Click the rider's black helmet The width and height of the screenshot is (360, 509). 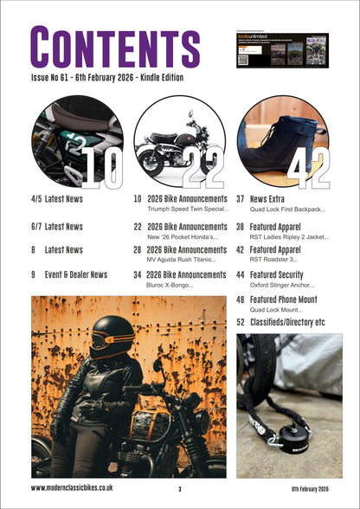coord(113,334)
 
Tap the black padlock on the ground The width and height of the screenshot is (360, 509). coord(285,433)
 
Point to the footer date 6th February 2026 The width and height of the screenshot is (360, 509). coord(310,489)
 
